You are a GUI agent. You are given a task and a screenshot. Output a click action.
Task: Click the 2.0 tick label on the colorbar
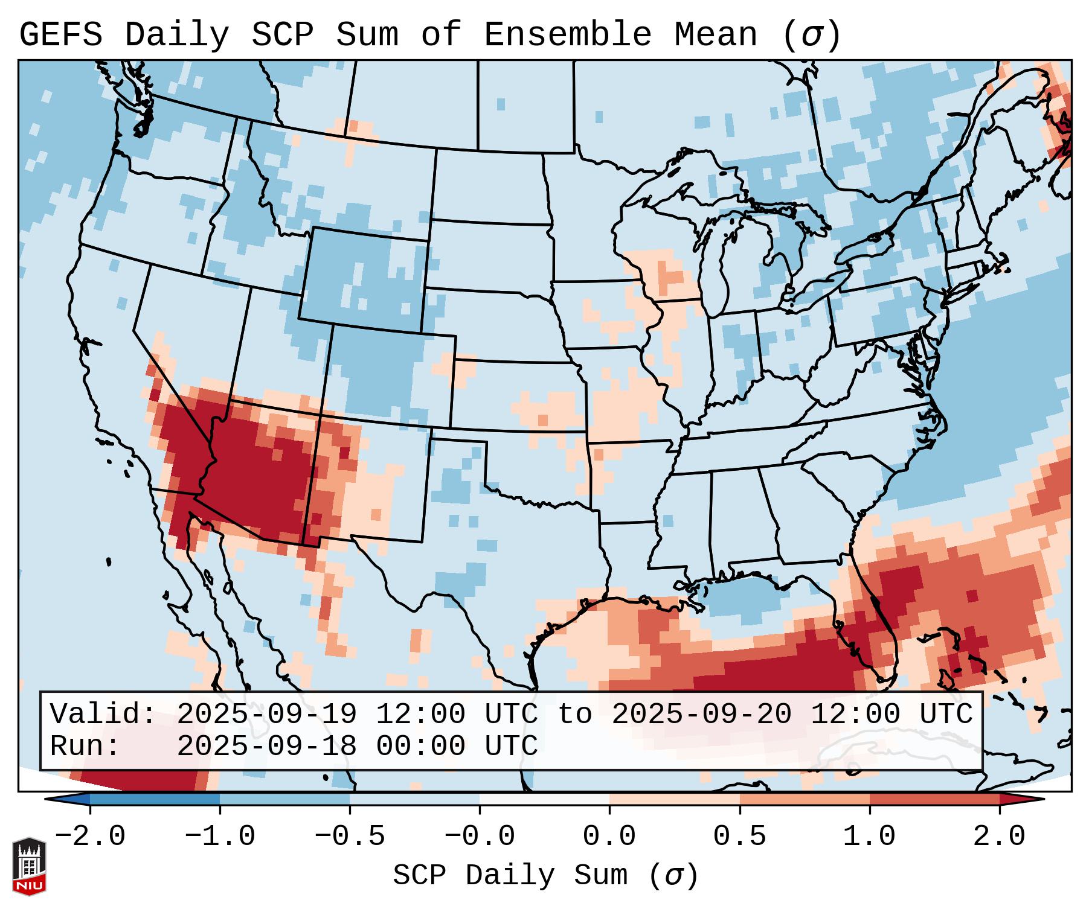tap(999, 837)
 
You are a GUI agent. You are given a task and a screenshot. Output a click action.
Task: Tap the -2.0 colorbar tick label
tap(90, 837)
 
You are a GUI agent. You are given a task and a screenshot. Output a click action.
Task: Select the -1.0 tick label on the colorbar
tap(220, 837)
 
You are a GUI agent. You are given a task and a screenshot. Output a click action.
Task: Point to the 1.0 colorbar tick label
tap(869, 837)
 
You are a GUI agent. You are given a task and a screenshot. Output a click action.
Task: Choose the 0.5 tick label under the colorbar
tap(739, 837)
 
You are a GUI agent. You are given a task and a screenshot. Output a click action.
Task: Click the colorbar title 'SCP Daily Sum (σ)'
tap(545, 876)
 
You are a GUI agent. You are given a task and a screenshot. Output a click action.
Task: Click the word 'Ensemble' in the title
tap(567, 35)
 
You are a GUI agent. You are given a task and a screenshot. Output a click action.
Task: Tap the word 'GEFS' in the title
tap(61, 35)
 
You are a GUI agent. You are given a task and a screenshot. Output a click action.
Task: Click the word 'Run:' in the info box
tap(85, 747)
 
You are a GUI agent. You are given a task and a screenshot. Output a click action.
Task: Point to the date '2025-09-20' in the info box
tap(701, 715)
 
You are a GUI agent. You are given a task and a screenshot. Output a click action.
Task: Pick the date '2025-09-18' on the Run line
tap(266, 747)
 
